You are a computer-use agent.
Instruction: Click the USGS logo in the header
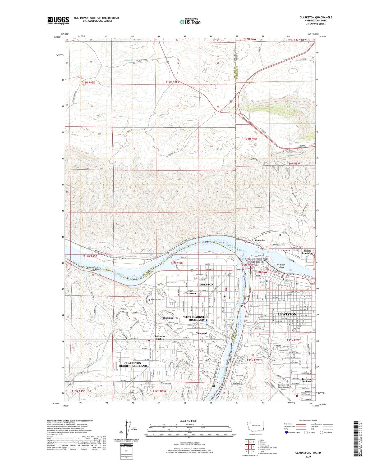58,20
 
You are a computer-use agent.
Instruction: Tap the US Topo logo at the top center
190,22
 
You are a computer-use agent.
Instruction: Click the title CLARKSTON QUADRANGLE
316,17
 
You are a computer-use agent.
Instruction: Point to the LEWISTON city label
287,314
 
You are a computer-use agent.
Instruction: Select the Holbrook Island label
281,266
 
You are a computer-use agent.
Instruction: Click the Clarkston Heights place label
159,338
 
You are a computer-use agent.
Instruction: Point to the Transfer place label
260,240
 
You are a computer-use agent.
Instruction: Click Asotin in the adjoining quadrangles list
262,452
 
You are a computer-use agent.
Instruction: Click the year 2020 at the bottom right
308,456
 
